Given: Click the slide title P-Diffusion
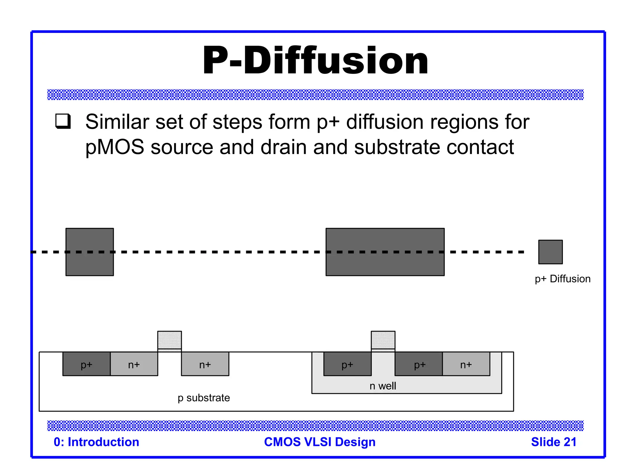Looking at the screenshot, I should pyautogui.click(x=315, y=60).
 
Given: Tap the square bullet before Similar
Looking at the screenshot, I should pyautogui.click(x=63, y=121).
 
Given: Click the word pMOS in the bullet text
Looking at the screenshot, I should pyautogui.click(x=114, y=147).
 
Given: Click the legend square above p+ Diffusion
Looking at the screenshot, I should pyautogui.click(x=550, y=252).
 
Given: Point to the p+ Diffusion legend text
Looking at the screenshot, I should pyautogui.click(x=563, y=279).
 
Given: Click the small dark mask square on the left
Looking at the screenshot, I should pyautogui.click(x=90, y=252).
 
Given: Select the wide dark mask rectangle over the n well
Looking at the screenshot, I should pyautogui.click(x=385, y=252).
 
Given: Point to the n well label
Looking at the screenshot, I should pyautogui.click(x=383, y=386).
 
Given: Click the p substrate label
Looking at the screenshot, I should pyautogui.click(x=204, y=398).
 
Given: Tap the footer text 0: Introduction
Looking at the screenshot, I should pyautogui.click(x=96, y=442).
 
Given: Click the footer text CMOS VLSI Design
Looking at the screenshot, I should pyautogui.click(x=320, y=442).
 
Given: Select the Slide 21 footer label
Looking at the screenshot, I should pyautogui.click(x=554, y=442).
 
